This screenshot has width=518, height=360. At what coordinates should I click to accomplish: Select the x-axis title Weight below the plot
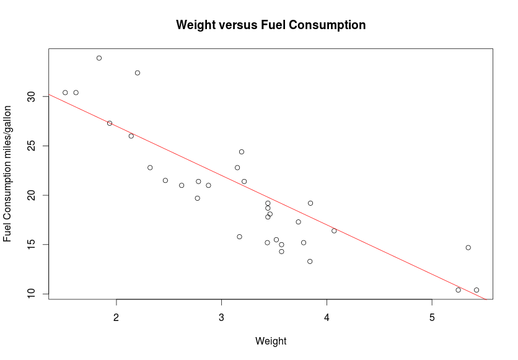point(271,341)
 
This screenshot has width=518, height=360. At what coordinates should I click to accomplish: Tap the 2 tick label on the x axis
point(116,317)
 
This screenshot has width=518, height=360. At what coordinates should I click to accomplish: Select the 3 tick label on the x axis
point(221,317)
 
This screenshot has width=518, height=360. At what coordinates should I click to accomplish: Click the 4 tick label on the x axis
point(327,317)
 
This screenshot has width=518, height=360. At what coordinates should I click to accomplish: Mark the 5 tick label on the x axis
point(432,317)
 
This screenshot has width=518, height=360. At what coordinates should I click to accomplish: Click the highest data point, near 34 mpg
point(99,58)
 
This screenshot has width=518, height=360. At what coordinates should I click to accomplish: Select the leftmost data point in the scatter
point(65,92)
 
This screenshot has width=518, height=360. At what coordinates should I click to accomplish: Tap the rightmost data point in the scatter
point(476,290)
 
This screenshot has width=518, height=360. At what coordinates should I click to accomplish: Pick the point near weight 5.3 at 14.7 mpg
point(468,247)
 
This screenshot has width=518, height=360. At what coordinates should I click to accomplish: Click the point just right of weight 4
point(334,230)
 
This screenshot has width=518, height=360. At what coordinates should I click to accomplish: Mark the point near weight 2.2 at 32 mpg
point(138,73)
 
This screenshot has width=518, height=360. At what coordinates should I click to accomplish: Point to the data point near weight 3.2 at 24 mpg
point(242,152)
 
